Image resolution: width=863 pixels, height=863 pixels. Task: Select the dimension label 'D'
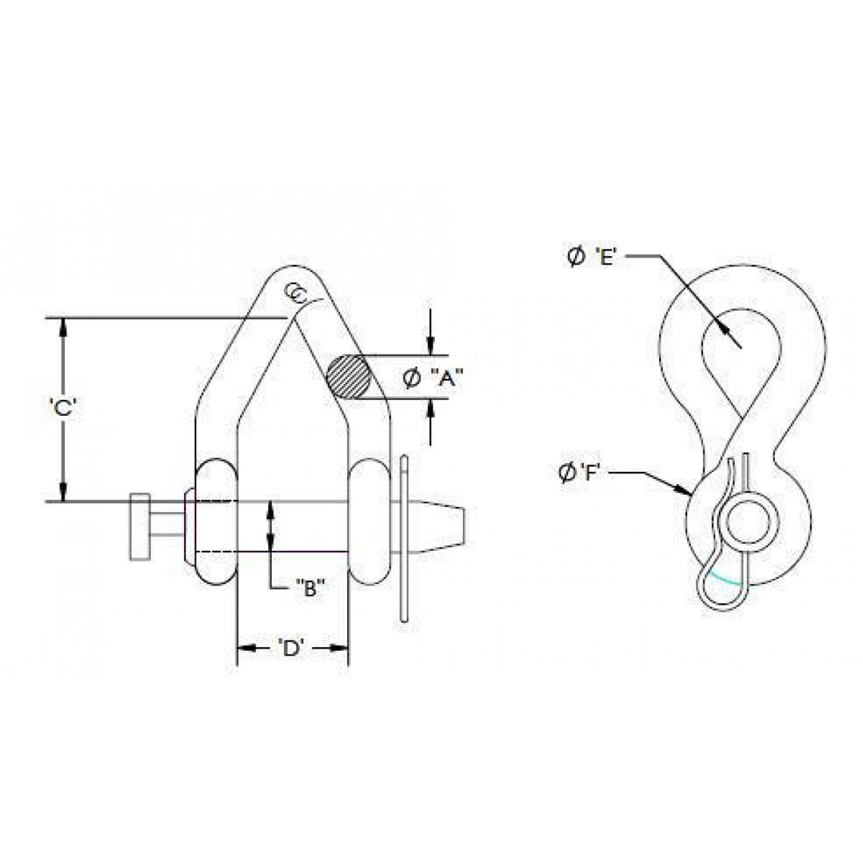(x=291, y=648)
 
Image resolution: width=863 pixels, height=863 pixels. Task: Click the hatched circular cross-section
(x=349, y=377)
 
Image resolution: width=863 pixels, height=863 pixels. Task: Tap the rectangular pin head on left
(x=140, y=527)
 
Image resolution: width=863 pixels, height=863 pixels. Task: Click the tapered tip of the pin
(x=447, y=528)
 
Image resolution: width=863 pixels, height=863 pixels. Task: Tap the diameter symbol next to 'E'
(x=576, y=258)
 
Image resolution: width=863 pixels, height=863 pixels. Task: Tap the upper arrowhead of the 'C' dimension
(x=64, y=326)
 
